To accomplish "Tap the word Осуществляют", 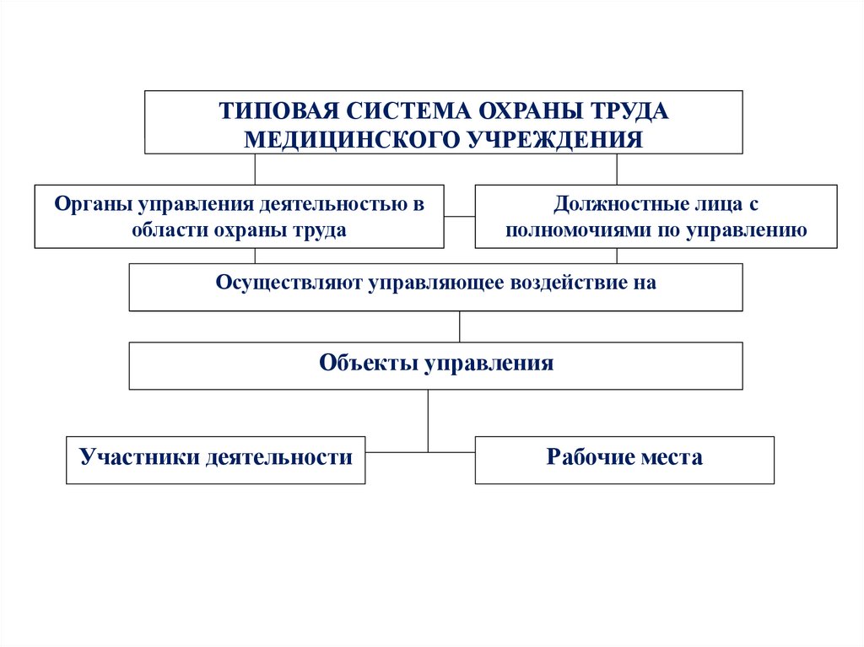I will (x=288, y=283).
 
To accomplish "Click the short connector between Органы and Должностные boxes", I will (x=459, y=217).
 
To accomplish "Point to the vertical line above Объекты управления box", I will (x=459, y=326).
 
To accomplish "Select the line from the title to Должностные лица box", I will (x=617, y=169).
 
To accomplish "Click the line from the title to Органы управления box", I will (x=255, y=169).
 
